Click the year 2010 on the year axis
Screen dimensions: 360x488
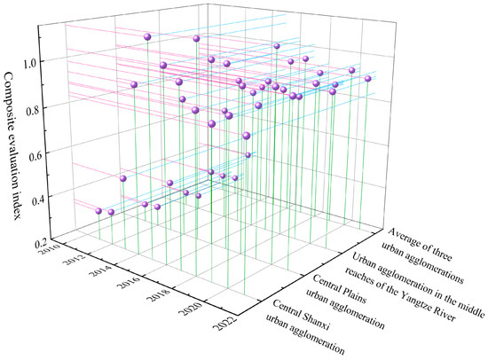(x=64, y=256)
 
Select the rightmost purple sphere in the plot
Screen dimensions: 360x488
(x=367, y=79)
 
